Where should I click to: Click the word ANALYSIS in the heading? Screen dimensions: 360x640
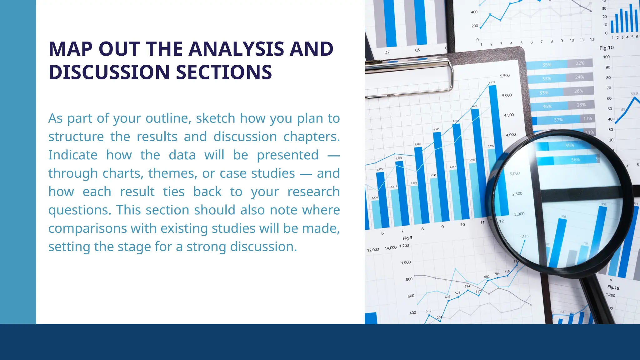tap(236, 49)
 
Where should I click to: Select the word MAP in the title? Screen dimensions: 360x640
tap(71, 49)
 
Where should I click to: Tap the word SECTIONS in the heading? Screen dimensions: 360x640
tap(224, 72)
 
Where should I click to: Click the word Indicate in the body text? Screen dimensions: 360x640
tap(73, 155)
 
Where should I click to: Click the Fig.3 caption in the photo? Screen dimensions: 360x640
tap(407, 238)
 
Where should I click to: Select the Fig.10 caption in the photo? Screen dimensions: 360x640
tap(606, 48)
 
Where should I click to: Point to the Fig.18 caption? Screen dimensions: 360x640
tap(613, 287)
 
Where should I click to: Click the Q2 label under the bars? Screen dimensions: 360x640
tap(387, 52)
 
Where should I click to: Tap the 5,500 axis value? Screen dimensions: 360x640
tap(505, 76)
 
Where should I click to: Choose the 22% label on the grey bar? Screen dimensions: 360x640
tap(580, 63)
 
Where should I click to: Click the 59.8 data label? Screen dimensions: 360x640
tap(634, 94)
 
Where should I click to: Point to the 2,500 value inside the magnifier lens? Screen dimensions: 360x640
tap(517, 194)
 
